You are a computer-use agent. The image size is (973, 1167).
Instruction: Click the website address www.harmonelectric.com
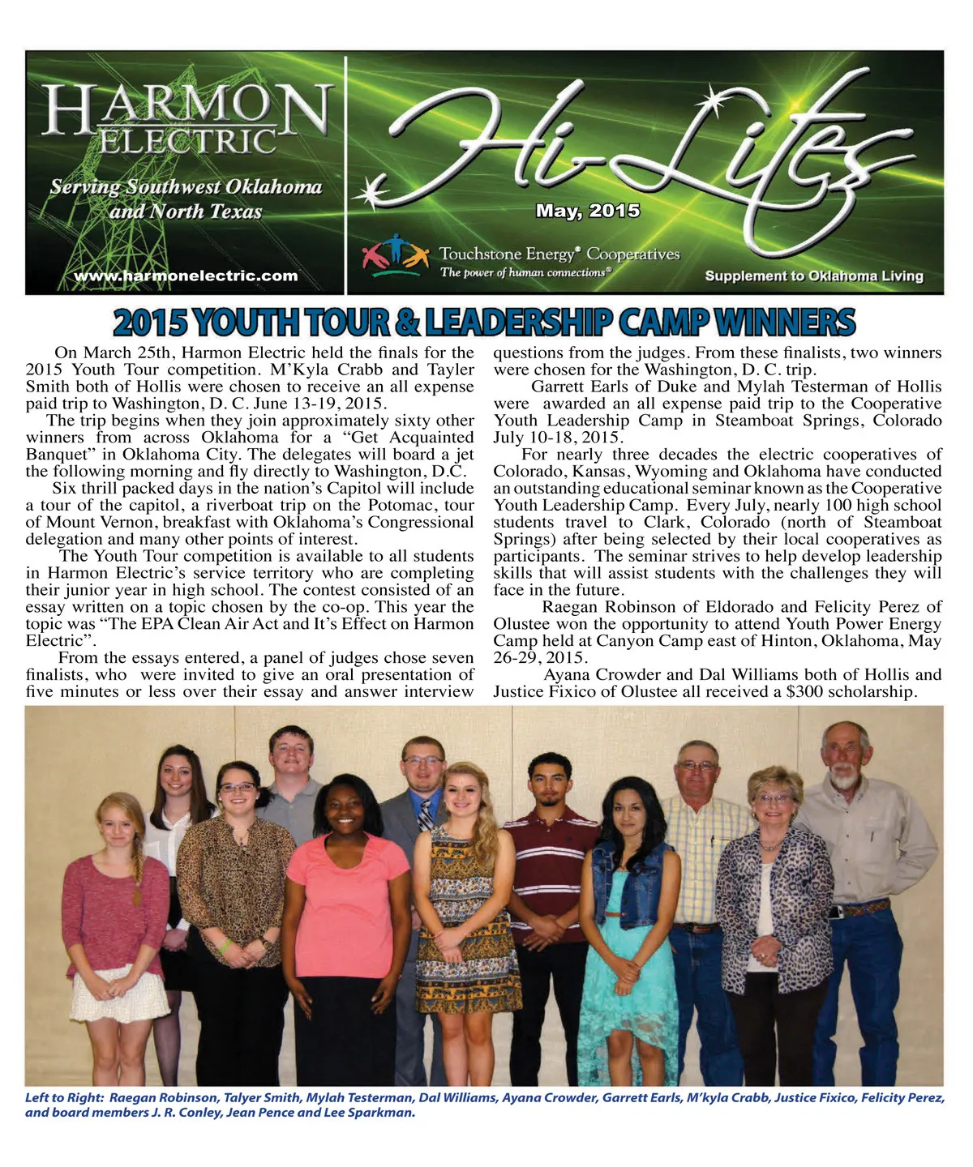tap(186, 276)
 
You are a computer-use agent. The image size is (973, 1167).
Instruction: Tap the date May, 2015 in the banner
tap(588, 211)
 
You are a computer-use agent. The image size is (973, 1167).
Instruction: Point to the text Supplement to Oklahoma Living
tap(814, 276)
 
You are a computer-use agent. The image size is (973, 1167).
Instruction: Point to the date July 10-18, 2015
tap(557, 438)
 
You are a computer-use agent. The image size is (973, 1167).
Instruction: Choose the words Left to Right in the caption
tap(62, 1098)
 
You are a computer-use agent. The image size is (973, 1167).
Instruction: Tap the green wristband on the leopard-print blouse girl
tap(225, 945)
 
